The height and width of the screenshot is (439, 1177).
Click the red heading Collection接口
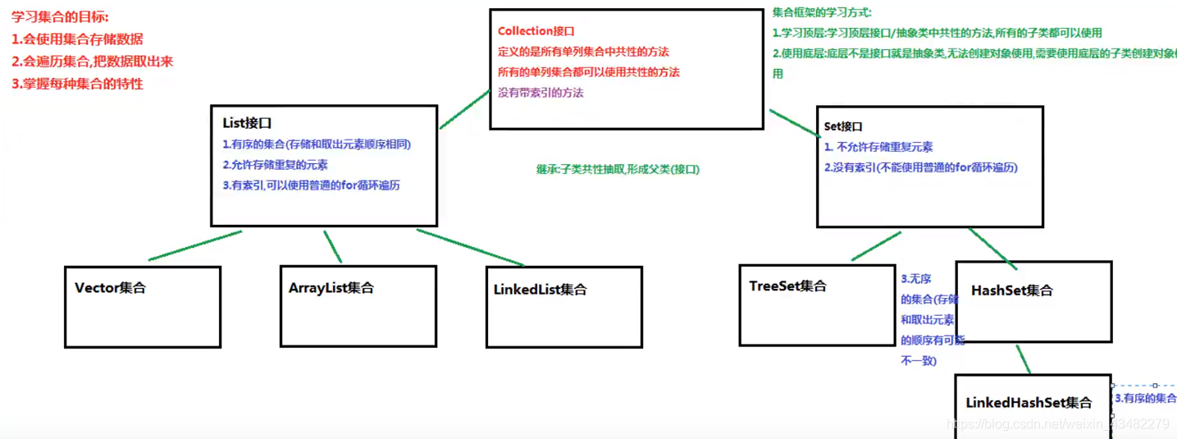(x=536, y=31)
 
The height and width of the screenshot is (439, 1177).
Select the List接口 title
(x=247, y=123)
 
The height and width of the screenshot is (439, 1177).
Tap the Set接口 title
(x=843, y=127)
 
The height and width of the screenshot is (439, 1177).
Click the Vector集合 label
(x=110, y=288)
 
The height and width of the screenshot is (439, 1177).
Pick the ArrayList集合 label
(x=331, y=288)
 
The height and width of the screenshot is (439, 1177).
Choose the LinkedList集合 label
(x=540, y=290)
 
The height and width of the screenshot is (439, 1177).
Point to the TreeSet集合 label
(x=787, y=286)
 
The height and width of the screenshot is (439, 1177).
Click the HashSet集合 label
(x=1011, y=290)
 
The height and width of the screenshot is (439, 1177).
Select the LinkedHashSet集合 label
(x=1029, y=403)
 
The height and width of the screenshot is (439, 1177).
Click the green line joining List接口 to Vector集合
(x=195, y=245)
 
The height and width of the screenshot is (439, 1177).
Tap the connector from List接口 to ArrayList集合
(x=332, y=246)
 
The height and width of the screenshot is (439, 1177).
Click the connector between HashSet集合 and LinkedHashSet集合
(x=1022, y=359)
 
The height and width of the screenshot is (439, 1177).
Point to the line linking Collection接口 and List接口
(x=464, y=109)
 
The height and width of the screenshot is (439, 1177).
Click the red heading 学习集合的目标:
(x=60, y=16)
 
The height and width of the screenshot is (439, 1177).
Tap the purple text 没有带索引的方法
(x=541, y=93)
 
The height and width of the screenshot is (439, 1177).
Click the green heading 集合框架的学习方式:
(x=822, y=12)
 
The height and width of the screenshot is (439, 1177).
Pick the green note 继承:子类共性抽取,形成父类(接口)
(x=618, y=169)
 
